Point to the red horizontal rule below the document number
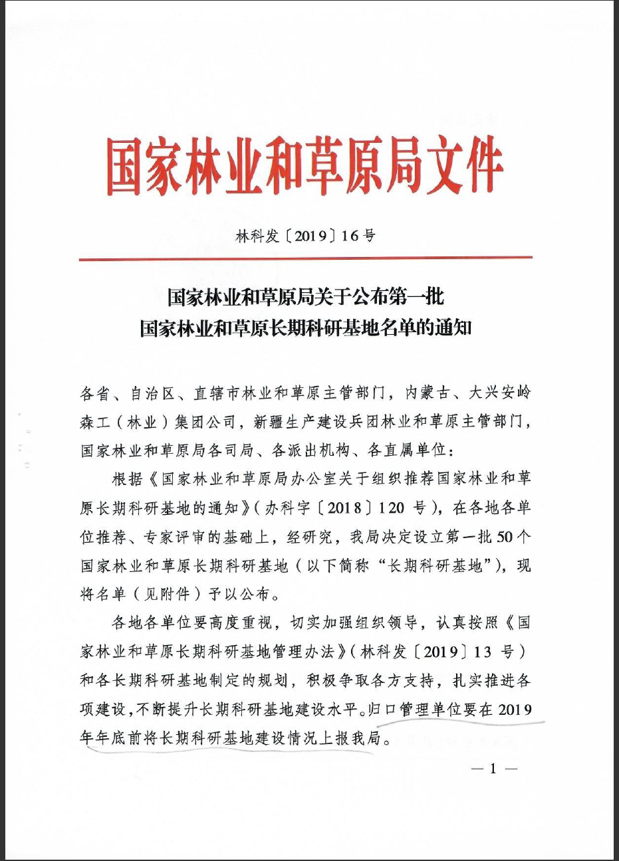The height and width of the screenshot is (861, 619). [x=305, y=258]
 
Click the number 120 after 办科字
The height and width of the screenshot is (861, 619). [x=392, y=508]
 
